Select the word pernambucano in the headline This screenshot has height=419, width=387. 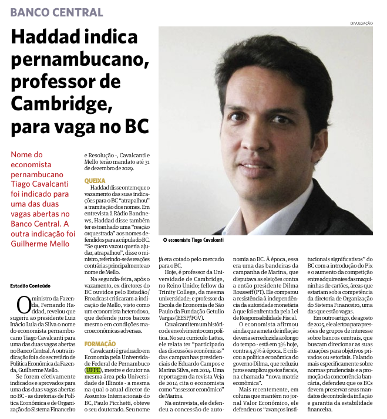point(78,60)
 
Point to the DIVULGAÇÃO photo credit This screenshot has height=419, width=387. point(361,23)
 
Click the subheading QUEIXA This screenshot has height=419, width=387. point(95,181)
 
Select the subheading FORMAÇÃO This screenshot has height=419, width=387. point(100,343)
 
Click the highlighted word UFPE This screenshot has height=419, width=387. point(93,370)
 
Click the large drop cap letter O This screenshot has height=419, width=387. point(23,305)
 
